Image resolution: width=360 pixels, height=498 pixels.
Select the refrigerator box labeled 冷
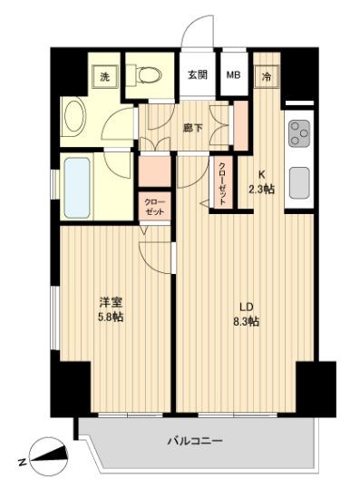point(267,78)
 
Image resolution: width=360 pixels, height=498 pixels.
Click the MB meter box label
point(233,76)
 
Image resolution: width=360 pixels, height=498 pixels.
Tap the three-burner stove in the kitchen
point(298,134)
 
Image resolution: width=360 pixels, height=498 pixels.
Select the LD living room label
point(245,306)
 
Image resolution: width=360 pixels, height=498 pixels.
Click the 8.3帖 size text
point(246,321)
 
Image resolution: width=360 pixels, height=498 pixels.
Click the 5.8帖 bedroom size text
point(110,317)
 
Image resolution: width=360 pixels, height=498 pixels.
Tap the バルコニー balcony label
point(194,442)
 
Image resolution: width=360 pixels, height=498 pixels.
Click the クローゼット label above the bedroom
point(152,206)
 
